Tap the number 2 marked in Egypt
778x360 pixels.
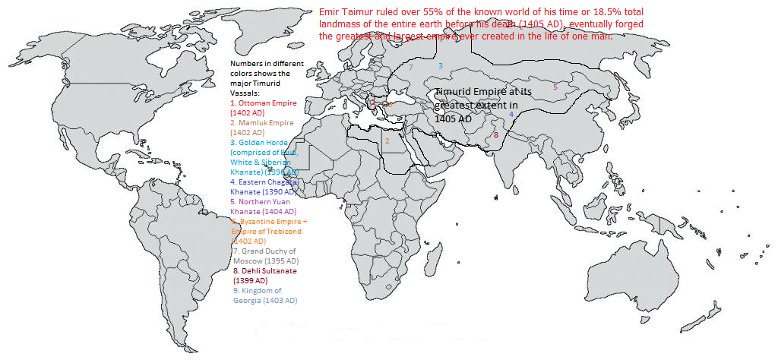click(x=387, y=141)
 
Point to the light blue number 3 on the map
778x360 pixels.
click(x=440, y=66)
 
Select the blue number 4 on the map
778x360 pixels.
click(x=511, y=114)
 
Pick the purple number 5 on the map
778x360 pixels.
click(x=555, y=87)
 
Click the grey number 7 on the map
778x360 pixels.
click(x=410, y=68)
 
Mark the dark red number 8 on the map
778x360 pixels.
click(x=495, y=135)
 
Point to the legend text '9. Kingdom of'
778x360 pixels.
click(x=257, y=291)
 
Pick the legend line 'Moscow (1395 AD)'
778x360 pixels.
click(x=264, y=261)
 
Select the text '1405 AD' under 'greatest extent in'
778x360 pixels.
click(x=453, y=119)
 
